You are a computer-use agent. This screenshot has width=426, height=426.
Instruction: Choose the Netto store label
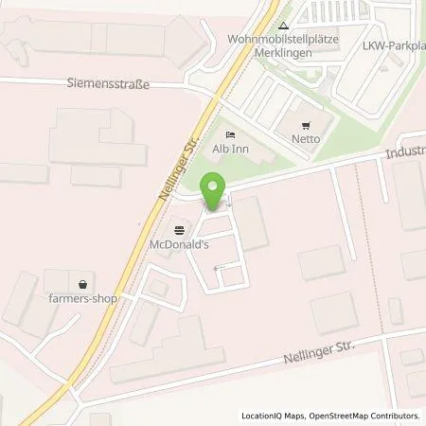coord(305,139)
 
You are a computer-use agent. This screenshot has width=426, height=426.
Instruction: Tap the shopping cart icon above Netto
coord(305,125)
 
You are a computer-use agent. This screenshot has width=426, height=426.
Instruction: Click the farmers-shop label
coord(84,299)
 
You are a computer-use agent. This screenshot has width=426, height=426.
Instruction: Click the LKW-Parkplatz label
coord(394,46)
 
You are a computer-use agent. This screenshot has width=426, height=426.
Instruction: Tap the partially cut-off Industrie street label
coord(404,151)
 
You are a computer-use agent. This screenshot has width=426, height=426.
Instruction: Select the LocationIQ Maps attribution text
coord(275,416)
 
